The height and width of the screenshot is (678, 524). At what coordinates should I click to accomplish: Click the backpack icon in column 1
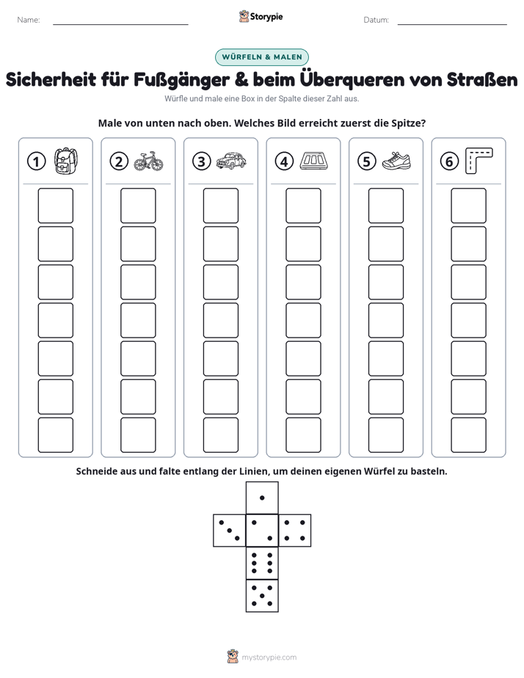66,161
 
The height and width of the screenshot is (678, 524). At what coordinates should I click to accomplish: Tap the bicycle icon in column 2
149,161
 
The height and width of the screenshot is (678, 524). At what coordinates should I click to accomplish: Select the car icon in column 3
231,161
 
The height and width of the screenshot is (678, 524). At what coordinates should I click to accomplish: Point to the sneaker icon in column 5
396,161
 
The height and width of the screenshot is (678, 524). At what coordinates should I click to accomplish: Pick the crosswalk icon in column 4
314,161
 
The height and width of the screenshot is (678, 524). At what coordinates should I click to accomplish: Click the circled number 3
202,161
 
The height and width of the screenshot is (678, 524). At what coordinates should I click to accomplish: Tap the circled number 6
449,161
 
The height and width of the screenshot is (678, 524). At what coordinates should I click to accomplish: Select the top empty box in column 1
55,205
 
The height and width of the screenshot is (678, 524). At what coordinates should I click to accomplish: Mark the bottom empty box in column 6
468,435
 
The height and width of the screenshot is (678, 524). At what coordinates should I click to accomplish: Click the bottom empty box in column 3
220,435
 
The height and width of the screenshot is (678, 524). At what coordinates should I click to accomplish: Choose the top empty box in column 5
385,205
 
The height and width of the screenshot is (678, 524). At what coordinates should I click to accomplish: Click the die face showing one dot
262,498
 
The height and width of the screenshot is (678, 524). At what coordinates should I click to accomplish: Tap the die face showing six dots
262,563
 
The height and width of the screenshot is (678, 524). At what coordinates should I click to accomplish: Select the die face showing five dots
262,596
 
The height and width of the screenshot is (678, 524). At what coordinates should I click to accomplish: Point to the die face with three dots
230,531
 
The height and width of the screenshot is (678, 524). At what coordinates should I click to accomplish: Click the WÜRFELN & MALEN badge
262,57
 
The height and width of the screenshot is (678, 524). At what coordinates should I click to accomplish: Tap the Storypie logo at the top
261,17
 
